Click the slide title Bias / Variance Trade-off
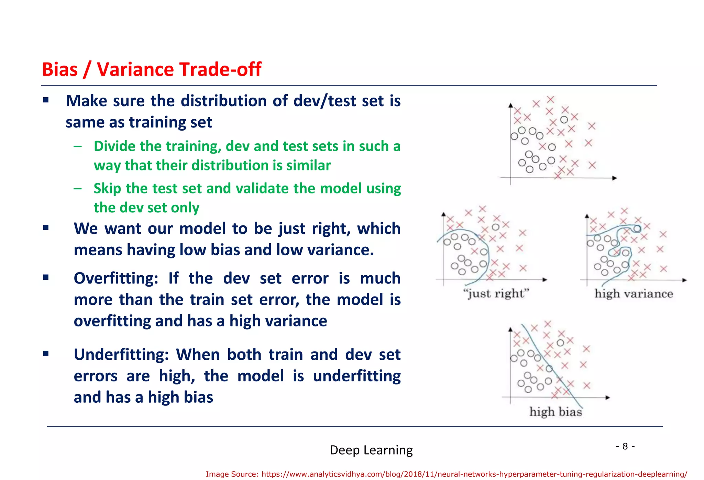151,69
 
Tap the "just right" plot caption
496,294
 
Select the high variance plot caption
634,294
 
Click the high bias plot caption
555,412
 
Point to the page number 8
625,446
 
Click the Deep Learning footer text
371,450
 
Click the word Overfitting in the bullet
115,278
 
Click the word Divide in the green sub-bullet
114,146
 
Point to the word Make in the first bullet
86,101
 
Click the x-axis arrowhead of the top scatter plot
615,178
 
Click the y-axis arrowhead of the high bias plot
510,330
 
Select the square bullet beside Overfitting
46,277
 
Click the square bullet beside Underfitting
46,354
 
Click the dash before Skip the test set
78,189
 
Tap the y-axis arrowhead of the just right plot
443,214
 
